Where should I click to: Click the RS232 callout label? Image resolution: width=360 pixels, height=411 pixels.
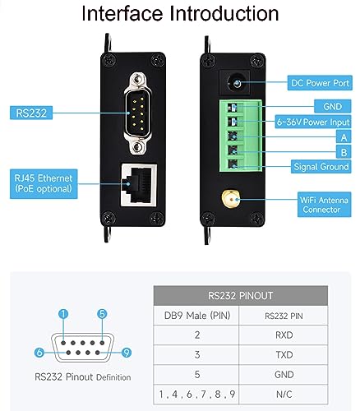click(31, 113)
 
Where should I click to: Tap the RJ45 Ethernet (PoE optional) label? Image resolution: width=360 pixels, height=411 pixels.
click(44, 183)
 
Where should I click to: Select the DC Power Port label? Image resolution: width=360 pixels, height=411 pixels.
click(320, 83)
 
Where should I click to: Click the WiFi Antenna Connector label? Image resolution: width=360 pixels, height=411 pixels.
click(324, 205)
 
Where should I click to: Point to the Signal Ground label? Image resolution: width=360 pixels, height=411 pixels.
click(321, 167)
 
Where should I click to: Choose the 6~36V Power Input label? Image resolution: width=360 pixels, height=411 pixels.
click(313, 122)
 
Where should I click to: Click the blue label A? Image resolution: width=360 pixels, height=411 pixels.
click(344, 137)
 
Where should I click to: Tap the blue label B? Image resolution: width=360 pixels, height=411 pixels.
click(344, 152)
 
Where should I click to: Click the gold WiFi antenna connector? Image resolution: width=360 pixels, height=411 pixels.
click(230, 199)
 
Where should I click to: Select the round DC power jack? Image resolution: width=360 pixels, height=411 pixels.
click(234, 83)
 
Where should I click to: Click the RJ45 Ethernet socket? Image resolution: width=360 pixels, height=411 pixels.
click(139, 184)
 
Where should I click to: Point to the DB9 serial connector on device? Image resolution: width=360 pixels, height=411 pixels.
click(137, 113)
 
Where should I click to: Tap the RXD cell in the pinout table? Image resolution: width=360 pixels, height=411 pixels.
click(284, 335)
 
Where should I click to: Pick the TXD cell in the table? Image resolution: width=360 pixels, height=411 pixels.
click(284, 355)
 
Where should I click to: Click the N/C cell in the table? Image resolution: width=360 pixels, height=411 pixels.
click(284, 395)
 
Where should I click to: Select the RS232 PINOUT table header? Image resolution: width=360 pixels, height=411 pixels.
click(241, 296)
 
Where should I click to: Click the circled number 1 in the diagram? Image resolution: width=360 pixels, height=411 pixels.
click(63, 314)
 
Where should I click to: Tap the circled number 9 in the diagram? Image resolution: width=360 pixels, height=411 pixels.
click(126, 353)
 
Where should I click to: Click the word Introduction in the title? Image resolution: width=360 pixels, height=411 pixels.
click(224, 13)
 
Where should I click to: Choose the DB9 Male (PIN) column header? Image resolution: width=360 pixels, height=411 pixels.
click(197, 316)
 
